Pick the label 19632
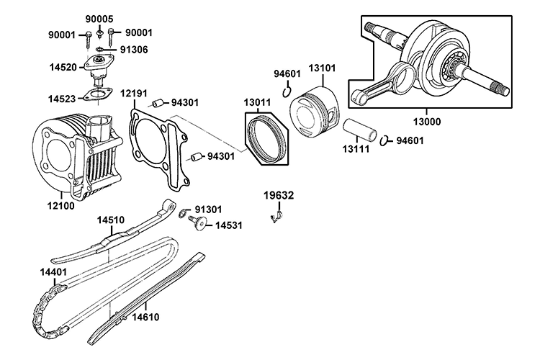point(278,195)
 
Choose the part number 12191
point(135,93)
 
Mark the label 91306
point(135,50)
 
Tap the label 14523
point(63,98)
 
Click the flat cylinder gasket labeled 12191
point(153,148)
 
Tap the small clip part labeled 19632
point(276,214)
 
